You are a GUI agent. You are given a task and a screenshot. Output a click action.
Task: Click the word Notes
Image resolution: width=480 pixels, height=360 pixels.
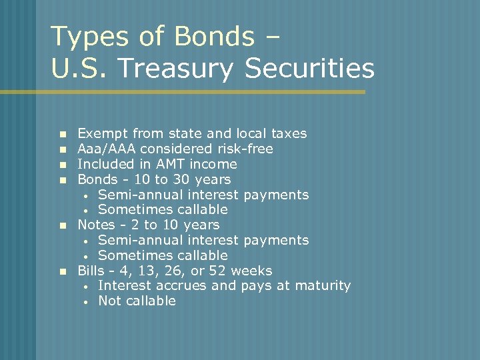coord(96,225)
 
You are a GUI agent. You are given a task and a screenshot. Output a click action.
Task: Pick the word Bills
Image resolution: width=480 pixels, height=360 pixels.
coord(91,271)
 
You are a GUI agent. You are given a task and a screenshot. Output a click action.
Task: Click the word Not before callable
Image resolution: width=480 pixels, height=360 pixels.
coord(109,301)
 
